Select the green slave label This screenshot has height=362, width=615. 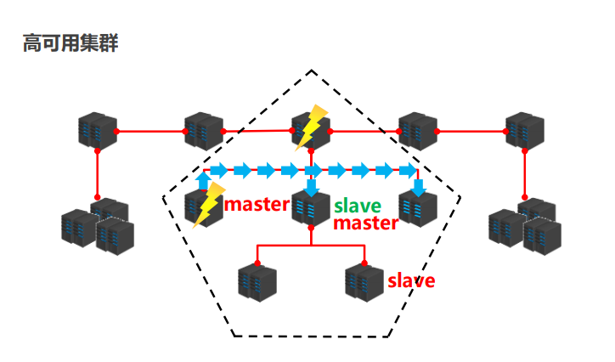tap(358, 206)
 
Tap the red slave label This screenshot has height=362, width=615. tap(411, 280)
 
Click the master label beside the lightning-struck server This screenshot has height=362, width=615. tap(257, 205)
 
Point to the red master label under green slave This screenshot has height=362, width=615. tap(365, 223)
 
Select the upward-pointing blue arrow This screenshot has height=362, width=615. tap(203, 179)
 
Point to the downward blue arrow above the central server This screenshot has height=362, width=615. tap(311, 187)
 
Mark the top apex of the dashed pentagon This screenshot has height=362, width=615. tap(311, 71)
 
